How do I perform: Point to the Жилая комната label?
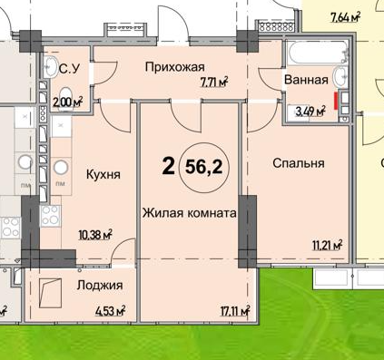[189, 213]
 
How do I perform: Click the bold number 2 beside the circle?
[168, 166]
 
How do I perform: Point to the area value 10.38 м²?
[94, 233]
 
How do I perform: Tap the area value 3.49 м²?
[310, 112]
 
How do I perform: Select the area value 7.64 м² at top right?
[345, 15]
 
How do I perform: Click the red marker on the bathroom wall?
[338, 99]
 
